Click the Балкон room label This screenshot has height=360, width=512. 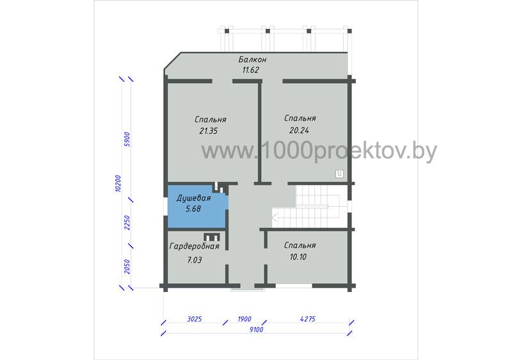pos(252,60)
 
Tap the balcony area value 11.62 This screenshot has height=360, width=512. pos(251,70)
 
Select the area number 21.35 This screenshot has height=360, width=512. pos(209,131)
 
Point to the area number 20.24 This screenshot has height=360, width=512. pos(299,130)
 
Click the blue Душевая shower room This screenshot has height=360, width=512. pos(197,206)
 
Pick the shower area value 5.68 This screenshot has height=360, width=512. pos(193,209)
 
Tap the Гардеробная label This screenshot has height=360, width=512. pos(195,247)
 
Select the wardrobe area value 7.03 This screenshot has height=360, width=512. pos(195,260)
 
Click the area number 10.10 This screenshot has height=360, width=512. pos(298,257)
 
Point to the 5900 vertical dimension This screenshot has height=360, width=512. pos(127,139)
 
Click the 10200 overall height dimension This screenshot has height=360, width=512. pos(118,183)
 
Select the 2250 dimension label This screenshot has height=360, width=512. pos(127,223)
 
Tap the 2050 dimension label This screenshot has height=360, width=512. pos(127,266)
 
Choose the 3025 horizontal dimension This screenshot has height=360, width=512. pos(195,319)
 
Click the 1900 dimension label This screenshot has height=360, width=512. pos(244,319)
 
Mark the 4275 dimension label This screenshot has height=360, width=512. pos(308,318)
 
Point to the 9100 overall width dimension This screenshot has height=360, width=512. pos(257,329)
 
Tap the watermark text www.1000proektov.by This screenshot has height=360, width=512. pos(319,151)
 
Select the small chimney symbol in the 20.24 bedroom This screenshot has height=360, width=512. pos(340,174)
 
